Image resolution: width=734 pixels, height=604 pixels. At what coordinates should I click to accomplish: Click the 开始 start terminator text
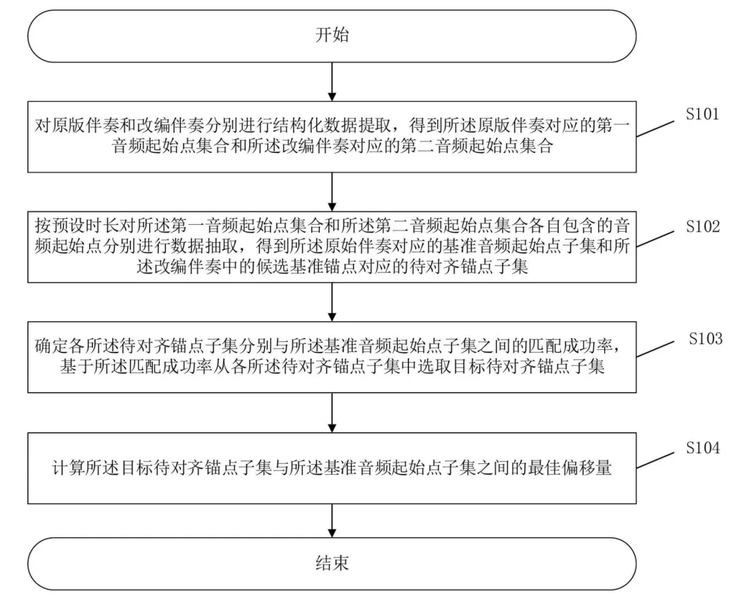pyautogui.click(x=332, y=35)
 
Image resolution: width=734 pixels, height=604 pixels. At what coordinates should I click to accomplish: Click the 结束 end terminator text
pyautogui.click(x=332, y=563)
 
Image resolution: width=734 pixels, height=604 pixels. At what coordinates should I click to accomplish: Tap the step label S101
pyautogui.click(x=702, y=113)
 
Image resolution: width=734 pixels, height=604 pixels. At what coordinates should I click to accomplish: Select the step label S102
pyautogui.click(x=703, y=226)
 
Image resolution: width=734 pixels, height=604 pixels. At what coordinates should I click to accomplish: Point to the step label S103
pyautogui.click(x=705, y=338)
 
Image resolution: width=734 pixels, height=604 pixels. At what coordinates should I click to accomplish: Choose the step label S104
pyautogui.click(x=703, y=448)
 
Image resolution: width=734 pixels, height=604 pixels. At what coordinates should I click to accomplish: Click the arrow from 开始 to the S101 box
pyautogui.click(x=332, y=82)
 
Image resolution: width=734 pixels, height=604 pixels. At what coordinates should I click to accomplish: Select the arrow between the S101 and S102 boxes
pyautogui.click(x=332, y=192)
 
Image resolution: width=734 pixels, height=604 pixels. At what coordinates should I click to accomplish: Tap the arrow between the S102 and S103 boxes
pyautogui.click(x=332, y=302)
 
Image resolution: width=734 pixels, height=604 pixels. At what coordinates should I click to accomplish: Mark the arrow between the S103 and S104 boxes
pyautogui.click(x=332, y=412)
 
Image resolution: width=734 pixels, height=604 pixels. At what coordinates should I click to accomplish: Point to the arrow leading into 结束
pyautogui.click(x=332, y=520)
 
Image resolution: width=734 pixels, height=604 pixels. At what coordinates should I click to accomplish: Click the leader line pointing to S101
pyautogui.click(x=655, y=129)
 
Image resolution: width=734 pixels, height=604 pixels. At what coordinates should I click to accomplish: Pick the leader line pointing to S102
pyautogui.click(x=655, y=239)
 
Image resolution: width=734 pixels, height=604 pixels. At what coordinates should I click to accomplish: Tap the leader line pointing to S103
pyautogui.click(x=655, y=349)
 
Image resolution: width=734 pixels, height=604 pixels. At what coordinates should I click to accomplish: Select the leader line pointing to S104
pyautogui.click(x=655, y=461)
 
